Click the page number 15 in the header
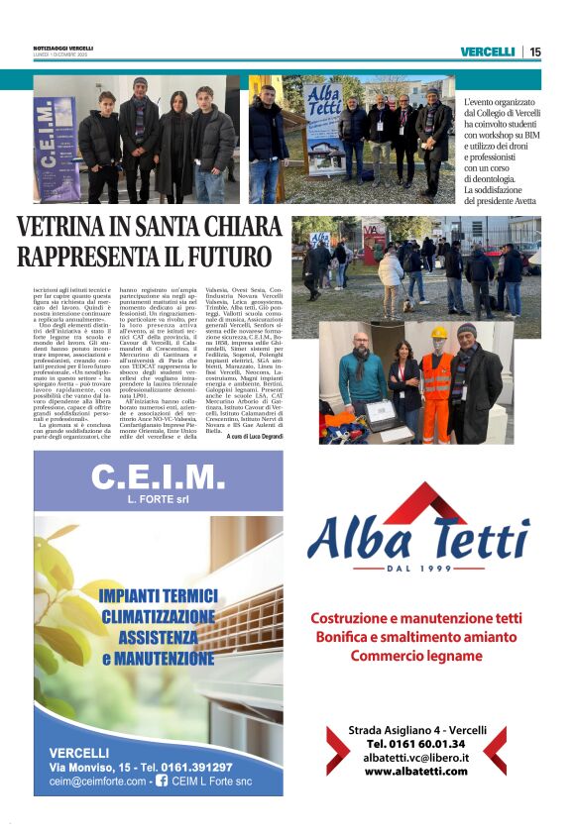coord(535,52)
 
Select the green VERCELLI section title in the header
coord(488,52)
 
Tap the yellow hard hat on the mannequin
coord(439,334)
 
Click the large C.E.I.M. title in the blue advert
coord(159,477)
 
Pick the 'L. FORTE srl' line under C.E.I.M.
coord(159,500)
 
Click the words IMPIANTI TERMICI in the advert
coord(159,596)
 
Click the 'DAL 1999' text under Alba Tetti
coord(424,568)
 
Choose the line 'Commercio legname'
coord(415,655)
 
